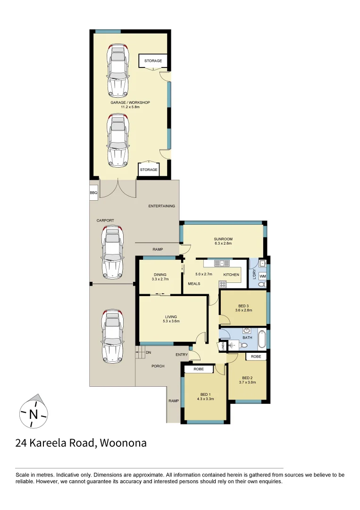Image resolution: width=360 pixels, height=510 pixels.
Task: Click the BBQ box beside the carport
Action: pos(93,193)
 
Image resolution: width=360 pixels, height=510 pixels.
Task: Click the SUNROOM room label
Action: pos(223,239)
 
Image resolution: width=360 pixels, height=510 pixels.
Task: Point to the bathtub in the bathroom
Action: pos(262,338)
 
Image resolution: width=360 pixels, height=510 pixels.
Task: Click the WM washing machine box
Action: pos(262,276)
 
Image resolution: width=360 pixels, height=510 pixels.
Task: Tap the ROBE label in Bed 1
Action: pos(199,369)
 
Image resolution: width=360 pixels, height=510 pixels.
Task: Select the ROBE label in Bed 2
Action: pos(256,357)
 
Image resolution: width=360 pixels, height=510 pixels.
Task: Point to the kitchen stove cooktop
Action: pos(223,284)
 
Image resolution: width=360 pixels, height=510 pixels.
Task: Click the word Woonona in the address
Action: pos(123,443)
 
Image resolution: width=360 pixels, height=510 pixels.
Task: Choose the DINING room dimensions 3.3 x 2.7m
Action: pos(160,279)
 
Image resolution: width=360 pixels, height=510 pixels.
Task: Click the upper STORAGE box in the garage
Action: pos(153,61)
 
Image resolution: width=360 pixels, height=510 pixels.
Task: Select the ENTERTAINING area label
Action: pos(161,206)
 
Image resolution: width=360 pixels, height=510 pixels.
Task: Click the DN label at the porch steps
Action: pos(148,352)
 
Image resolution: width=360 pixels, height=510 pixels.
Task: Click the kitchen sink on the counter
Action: pos(219,263)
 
